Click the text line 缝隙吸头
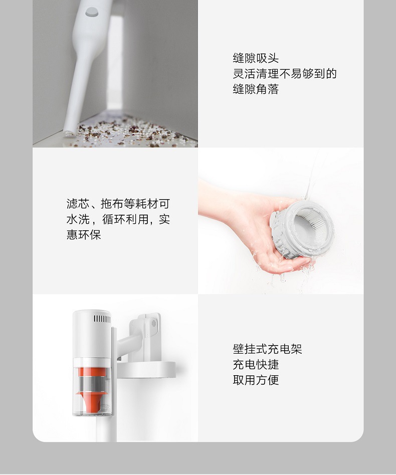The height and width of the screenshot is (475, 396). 256,58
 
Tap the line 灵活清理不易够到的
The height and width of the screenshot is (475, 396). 285,74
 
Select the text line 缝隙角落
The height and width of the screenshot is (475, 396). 256,89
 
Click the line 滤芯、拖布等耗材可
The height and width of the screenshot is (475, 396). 118,204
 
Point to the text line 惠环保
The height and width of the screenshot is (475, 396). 84,235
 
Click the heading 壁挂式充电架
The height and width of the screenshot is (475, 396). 267,349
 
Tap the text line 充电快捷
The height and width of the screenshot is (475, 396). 256,365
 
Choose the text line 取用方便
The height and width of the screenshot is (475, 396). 256,380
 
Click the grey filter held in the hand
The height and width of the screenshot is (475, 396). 302,229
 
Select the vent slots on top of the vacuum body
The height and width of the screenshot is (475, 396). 102,319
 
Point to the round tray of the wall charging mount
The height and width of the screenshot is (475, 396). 146,370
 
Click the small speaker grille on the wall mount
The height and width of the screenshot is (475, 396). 154,323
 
